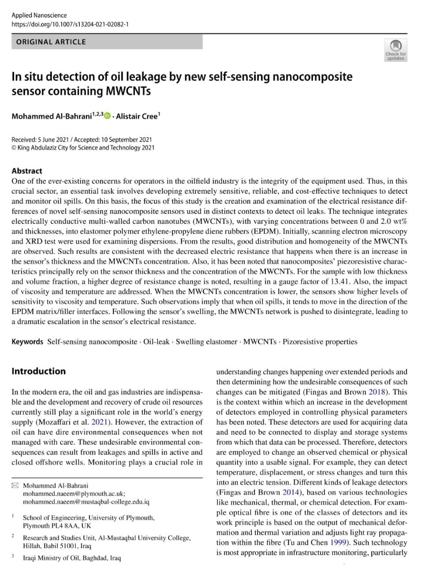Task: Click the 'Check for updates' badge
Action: pos(396,49)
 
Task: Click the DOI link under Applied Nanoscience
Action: pos(70,24)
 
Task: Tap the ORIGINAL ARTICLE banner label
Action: pos(51,42)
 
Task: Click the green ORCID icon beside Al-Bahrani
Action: pos(108,116)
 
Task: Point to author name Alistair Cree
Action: pos(137,117)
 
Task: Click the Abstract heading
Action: pos(27,171)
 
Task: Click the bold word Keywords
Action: pos(27,342)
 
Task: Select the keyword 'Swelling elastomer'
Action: pos(207,342)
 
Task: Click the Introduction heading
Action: pos(38,371)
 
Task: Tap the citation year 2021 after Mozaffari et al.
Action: pos(99,422)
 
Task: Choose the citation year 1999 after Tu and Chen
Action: pos(338,543)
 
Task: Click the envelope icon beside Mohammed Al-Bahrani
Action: pos(15,486)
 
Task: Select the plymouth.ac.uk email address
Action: pos(74,494)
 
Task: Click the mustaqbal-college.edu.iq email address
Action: pos(86,502)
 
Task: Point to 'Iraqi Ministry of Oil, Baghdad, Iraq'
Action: pos(71,558)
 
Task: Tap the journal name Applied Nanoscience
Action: pos(39,15)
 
